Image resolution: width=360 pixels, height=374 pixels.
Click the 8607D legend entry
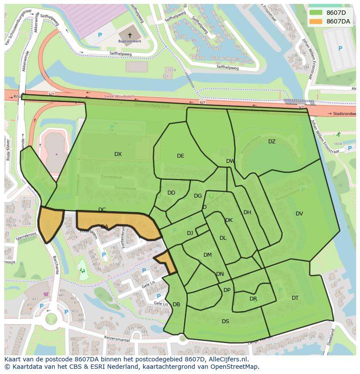335,12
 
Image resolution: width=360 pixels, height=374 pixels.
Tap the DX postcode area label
118,154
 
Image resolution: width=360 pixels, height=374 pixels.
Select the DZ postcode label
272,142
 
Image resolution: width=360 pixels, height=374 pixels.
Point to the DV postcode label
299,214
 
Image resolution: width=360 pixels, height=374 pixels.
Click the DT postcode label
295,298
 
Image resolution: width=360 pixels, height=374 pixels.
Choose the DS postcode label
225,321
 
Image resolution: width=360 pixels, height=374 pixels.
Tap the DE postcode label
180,156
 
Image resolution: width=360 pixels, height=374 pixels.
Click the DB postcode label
176,304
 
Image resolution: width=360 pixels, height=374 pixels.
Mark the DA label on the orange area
104,227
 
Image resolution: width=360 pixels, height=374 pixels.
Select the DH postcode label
247,212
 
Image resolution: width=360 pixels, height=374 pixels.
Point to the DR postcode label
253,299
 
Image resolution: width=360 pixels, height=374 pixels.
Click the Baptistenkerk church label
130,42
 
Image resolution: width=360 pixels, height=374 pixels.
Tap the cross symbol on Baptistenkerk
130,35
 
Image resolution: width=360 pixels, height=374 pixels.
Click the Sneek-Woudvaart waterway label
117,96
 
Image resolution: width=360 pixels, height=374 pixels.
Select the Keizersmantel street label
116,338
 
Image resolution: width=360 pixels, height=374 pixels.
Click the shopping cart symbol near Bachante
46,294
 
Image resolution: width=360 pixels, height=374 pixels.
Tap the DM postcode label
207,255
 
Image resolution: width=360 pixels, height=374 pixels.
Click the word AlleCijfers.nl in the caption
226,359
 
